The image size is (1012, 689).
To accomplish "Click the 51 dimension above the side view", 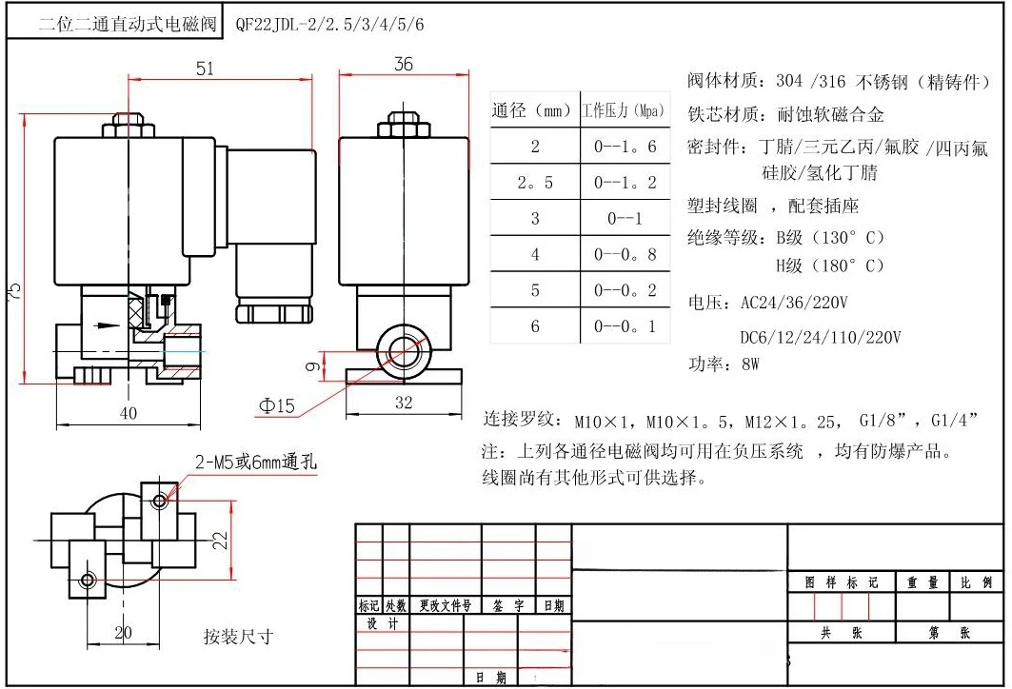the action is click(x=205, y=68).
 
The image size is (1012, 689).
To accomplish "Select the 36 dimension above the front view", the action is click(x=404, y=64).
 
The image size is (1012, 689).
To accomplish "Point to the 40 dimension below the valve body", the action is click(x=129, y=413).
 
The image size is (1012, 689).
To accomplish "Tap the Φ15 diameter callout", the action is click(x=276, y=406).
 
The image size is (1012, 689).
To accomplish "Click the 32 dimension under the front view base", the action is click(x=404, y=403).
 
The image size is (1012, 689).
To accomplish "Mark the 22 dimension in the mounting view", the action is click(x=220, y=541).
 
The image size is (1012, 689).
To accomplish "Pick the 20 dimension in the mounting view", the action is click(x=124, y=633).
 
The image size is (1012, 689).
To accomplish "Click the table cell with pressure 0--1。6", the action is click(x=625, y=147).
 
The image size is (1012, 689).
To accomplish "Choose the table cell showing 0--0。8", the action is click(x=625, y=254).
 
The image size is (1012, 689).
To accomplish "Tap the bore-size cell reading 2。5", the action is click(x=535, y=182).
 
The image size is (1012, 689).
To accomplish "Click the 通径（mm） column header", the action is click(x=532, y=111).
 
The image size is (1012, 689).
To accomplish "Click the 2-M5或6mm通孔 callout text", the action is click(x=256, y=463).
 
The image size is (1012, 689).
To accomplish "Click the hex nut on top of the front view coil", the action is click(x=404, y=128).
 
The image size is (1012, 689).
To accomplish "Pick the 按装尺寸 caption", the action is click(x=238, y=636).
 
